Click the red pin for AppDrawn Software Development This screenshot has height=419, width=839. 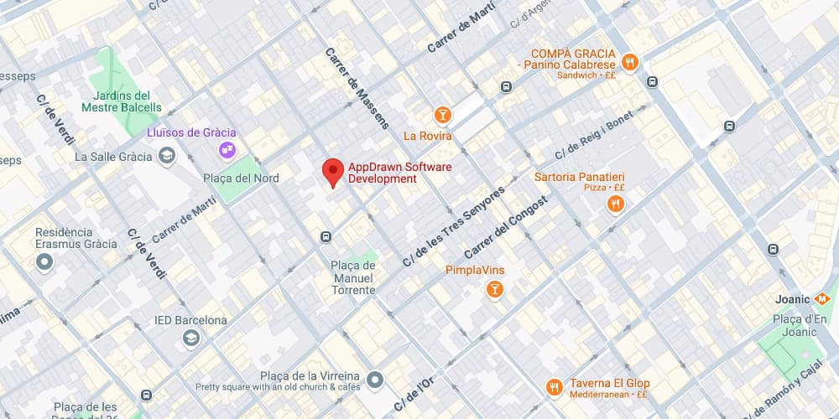[x=333, y=171]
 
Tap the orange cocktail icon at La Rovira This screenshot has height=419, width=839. [x=442, y=115]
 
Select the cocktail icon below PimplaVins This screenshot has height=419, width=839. [x=495, y=290]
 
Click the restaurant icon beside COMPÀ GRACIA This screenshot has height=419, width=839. [x=630, y=60]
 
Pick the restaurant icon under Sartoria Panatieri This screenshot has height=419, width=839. [x=616, y=204]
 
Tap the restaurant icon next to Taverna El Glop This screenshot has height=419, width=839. [x=554, y=386]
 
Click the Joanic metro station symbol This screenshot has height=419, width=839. [x=824, y=298]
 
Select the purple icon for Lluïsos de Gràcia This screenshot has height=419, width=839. [x=227, y=150]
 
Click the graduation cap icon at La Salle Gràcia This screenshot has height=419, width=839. [x=167, y=156]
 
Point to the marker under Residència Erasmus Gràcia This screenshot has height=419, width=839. [x=44, y=262]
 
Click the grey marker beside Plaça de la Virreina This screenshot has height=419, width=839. [x=375, y=380]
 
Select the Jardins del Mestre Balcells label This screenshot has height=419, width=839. [x=122, y=101]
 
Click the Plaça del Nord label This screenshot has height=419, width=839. [x=241, y=178]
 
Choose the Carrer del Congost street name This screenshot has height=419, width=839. [x=506, y=226]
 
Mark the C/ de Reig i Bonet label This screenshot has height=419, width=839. [x=594, y=136]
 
